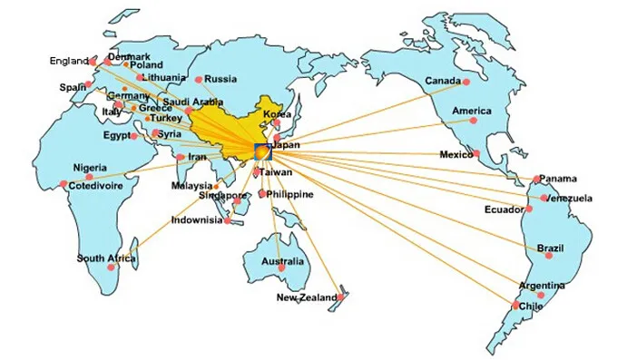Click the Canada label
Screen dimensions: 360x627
pos(443,80)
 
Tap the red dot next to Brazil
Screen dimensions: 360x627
pos(549,257)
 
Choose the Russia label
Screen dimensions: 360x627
pos(221,79)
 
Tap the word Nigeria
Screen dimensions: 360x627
pos(91,168)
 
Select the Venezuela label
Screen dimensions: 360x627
pos(570,198)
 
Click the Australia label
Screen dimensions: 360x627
pos(282,263)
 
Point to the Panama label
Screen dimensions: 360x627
pos(557,179)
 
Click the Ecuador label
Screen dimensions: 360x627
pos(503,209)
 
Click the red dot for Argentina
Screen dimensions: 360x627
pos(542,295)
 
